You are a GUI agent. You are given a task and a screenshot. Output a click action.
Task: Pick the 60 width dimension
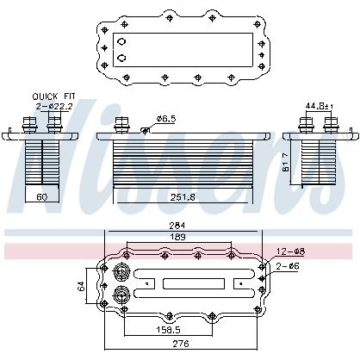(x=42, y=197)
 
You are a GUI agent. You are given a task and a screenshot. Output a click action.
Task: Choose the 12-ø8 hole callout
(x=291, y=251)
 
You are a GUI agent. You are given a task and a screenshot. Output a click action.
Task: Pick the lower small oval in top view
(x=121, y=58)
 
